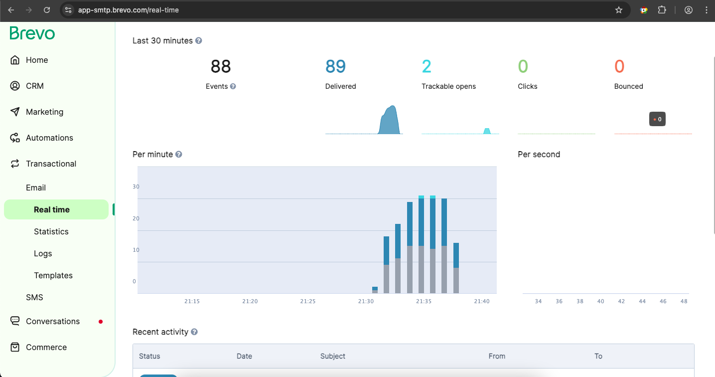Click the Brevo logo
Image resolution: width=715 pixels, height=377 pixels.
pos(32,33)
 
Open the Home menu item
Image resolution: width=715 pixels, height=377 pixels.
pos(37,60)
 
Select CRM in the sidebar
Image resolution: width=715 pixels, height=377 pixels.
pos(35,86)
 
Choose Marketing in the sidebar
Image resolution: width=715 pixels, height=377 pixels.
pos(44,112)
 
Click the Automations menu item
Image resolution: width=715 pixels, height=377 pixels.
pos(49,138)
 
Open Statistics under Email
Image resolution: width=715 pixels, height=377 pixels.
pos(51,231)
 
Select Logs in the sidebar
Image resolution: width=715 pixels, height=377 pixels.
pos(43,253)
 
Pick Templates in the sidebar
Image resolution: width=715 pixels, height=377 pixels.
pos(53,275)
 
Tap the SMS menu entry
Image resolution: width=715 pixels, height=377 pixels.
pos(34,297)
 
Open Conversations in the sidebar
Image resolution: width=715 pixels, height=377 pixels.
pos(52,321)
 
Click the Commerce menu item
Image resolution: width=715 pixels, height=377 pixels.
pos(46,347)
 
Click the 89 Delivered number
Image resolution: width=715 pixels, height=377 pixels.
pos(335,66)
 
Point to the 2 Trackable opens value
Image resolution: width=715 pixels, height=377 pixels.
pos(427,66)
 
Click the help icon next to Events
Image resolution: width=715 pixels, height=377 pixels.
pos(233,86)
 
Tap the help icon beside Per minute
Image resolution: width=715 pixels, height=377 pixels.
pos(179,155)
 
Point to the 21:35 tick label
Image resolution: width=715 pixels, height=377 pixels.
pos(424,301)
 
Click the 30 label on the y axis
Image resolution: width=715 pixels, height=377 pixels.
pos(136,187)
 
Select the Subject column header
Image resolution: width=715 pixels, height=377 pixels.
pos(333,356)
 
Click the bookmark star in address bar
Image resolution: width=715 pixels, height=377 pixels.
pos(619,10)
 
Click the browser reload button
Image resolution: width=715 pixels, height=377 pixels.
pos(47,10)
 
